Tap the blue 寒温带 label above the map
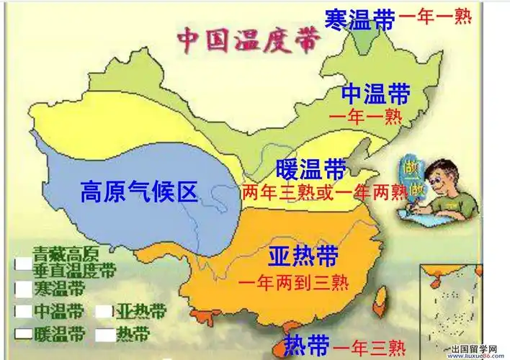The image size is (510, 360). click(x=359, y=18)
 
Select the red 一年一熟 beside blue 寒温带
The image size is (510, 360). click(x=437, y=17)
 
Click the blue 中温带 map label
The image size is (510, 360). click(x=375, y=94)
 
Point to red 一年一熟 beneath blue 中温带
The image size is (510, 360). click(x=364, y=115)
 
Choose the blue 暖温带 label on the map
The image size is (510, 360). click(x=311, y=170)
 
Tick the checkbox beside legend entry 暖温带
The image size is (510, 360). click(x=22, y=334)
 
